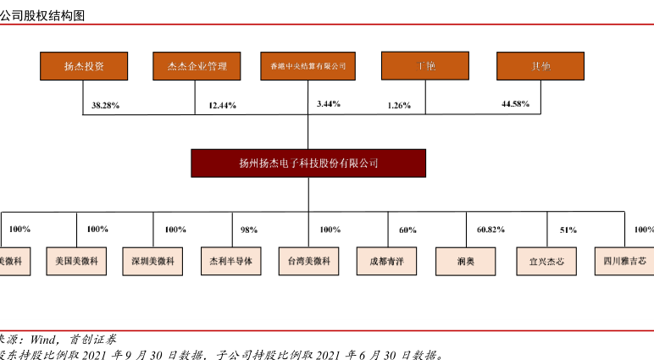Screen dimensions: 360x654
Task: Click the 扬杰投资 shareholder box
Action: point(84,66)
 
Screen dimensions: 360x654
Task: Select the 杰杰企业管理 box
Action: point(197,66)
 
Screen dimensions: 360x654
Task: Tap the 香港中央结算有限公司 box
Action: point(308,66)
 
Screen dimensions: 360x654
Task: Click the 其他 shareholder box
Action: point(539,66)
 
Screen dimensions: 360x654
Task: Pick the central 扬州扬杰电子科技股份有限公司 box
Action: point(308,163)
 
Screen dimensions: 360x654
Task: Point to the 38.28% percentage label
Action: point(106,105)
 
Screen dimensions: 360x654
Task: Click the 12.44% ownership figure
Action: point(221,106)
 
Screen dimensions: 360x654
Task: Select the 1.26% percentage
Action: point(399,106)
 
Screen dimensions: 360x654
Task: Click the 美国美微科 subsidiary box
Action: point(77,261)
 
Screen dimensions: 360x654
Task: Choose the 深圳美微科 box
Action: point(153,261)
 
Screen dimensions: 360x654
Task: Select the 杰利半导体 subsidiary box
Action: point(231,261)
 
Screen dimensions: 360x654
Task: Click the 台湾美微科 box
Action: point(308,261)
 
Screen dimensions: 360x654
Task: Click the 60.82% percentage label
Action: point(491,230)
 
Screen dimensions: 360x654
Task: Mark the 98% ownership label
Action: point(249,230)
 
